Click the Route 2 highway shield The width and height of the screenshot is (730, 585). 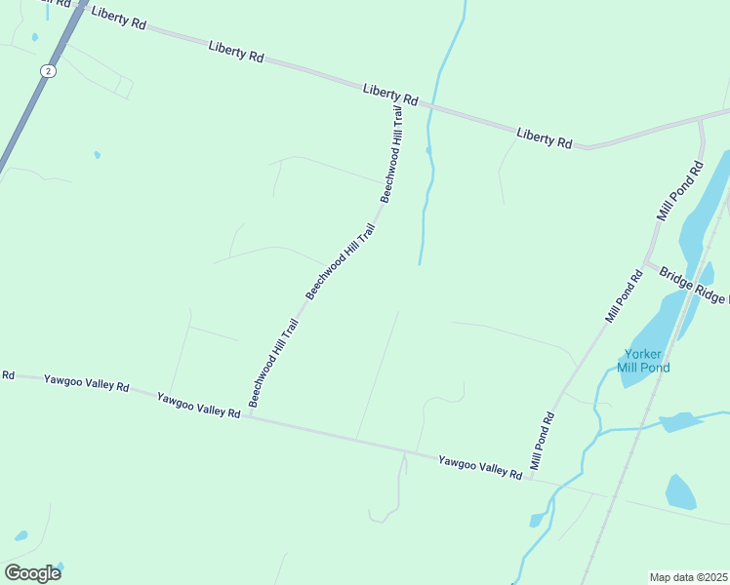point(48,70)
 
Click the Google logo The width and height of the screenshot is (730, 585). point(32,572)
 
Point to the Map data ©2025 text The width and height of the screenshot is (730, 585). point(688,577)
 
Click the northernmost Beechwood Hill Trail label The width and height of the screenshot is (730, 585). point(392,153)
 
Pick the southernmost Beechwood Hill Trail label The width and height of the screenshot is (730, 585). point(273,363)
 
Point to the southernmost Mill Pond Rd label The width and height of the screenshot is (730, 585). point(543,442)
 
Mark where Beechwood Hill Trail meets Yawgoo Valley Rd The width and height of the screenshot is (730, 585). point(250,415)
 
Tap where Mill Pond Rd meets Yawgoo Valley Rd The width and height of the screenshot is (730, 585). point(528,477)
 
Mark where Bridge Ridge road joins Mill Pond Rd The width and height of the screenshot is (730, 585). point(646,262)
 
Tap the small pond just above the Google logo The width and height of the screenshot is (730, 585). point(20,535)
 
